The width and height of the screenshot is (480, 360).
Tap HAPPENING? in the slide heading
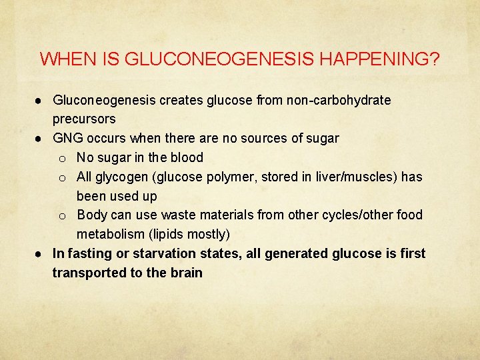tap(380, 59)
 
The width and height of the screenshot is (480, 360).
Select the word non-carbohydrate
tap(339, 100)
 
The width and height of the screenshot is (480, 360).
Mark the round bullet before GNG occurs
tap(41, 139)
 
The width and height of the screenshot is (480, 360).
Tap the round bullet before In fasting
tap(41, 254)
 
